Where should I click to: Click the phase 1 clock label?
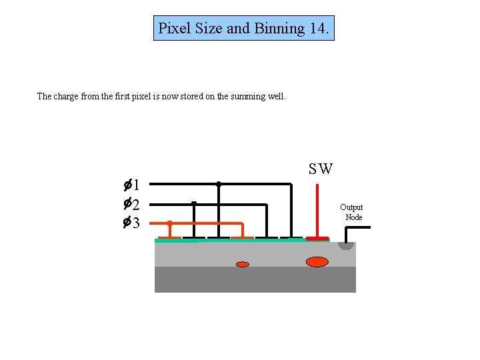pyautogui.click(x=131, y=185)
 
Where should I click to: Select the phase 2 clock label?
pyautogui.click(x=131, y=204)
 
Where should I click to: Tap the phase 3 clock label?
pyautogui.click(x=131, y=223)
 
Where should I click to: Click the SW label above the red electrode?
pyautogui.click(x=321, y=169)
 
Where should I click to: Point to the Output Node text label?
pyautogui.click(x=352, y=212)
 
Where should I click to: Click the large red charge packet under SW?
pyautogui.click(x=317, y=262)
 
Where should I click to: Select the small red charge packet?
pyautogui.click(x=243, y=265)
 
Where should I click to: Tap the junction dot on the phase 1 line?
pyautogui.click(x=219, y=184)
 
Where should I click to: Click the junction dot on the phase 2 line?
pyautogui.click(x=194, y=203)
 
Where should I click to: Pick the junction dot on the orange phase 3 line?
pyautogui.click(x=170, y=223)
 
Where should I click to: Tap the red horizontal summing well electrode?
pyautogui.click(x=317, y=238)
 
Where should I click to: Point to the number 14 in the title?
pyautogui.click(x=319, y=29)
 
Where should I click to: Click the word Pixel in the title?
pyautogui.click(x=173, y=29)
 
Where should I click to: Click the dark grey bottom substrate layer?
pyautogui.click(x=255, y=280)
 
